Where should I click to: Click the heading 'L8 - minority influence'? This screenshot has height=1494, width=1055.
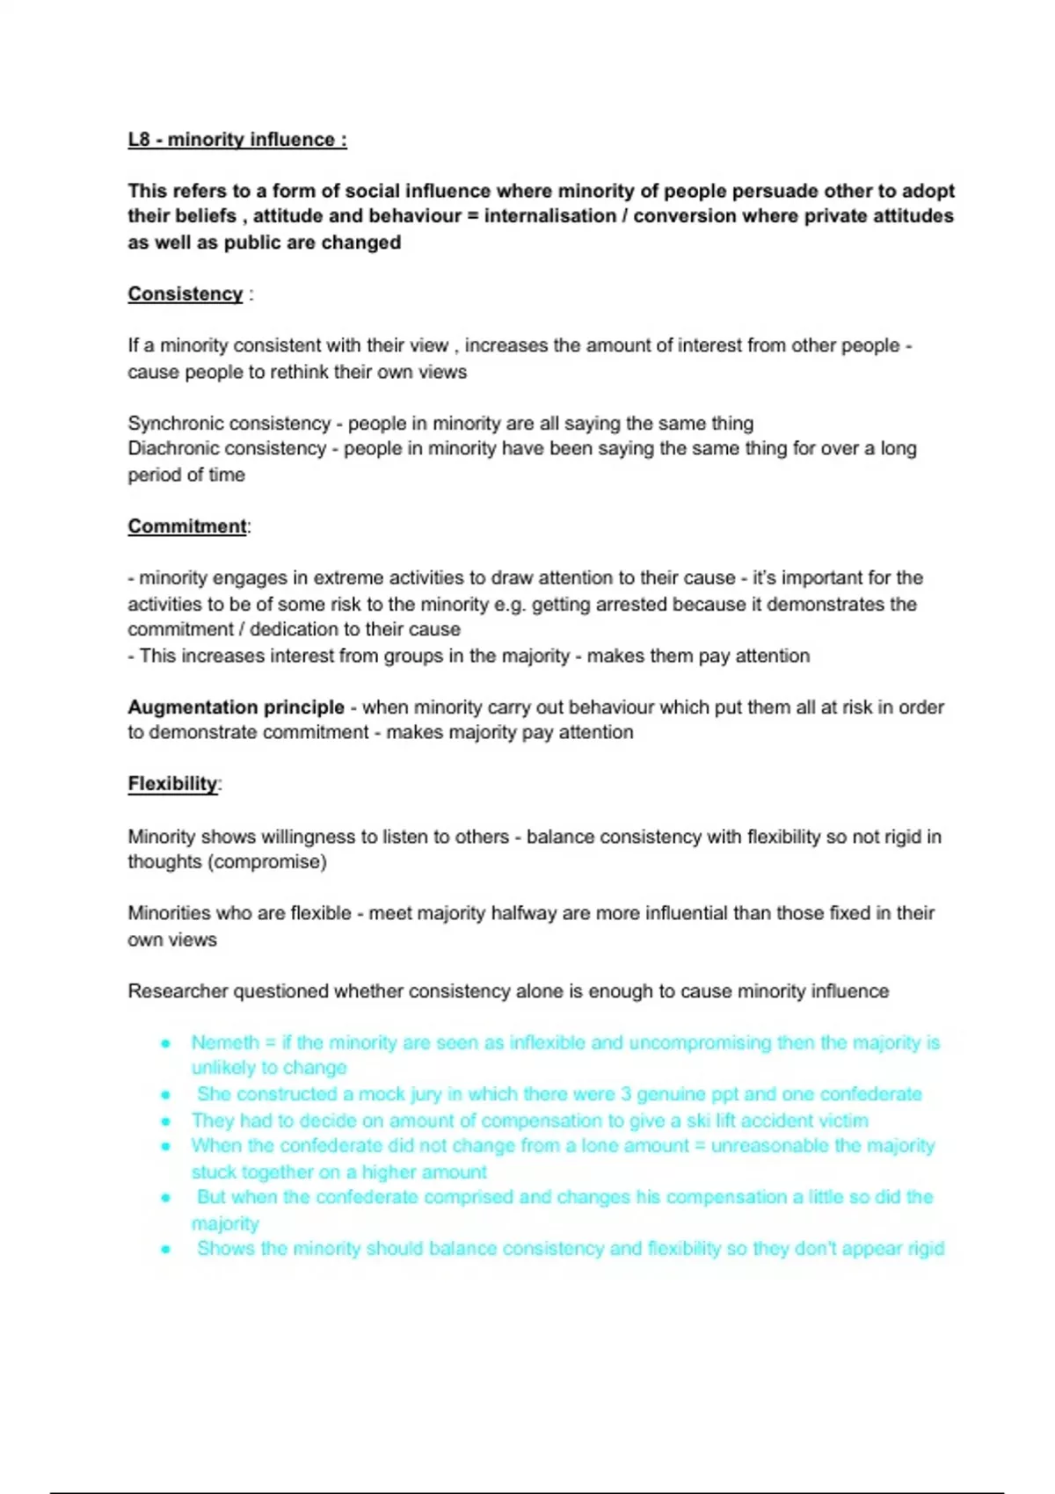click(x=236, y=140)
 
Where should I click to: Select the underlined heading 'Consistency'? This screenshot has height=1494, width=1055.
click(x=185, y=294)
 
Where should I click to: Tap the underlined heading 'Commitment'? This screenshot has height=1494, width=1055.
click(x=187, y=526)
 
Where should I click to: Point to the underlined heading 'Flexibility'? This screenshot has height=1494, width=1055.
click(x=172, y=784)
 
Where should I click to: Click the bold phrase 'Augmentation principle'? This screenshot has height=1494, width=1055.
click(x=236, y=707)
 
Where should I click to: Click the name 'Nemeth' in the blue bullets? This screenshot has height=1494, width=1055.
click(x=225, y=1043)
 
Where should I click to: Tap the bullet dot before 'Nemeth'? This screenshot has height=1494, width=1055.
click(x=165, y=1044)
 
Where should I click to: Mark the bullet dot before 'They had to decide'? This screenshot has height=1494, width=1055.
click(x=165, y=1121)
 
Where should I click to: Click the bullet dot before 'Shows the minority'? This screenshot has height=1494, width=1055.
click(x=165, y=1250)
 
